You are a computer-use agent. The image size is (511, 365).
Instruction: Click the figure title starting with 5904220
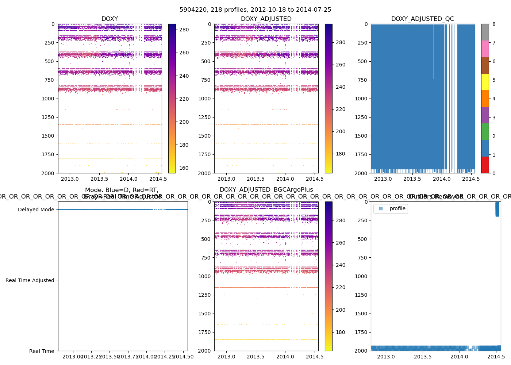(255, 10)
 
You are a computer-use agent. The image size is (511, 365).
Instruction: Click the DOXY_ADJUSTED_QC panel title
(422, 19)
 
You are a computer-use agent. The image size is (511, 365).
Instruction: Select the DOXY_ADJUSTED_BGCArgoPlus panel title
(266, 190)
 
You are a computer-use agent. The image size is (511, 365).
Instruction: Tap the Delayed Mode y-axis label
(36, 210)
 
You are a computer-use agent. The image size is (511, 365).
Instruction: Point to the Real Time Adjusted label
(30, 280)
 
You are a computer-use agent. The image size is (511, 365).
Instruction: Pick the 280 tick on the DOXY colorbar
(184, 30)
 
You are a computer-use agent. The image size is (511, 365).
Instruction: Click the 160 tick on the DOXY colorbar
(184, 168)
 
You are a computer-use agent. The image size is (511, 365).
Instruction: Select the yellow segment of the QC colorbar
(485, 82)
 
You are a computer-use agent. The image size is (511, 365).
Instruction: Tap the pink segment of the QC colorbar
(485, 49)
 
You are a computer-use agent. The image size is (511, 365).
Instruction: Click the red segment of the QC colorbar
(485, 165)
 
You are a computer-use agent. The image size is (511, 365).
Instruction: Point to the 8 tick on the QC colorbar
(494, 24)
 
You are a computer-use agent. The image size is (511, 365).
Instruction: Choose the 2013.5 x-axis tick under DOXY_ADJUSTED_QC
(412, 179)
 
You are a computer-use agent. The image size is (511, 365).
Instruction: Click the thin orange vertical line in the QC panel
(376, 99)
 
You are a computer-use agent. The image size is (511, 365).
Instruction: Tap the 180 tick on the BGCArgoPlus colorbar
(340, 332)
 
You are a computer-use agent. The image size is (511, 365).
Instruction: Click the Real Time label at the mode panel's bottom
(42, 351)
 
